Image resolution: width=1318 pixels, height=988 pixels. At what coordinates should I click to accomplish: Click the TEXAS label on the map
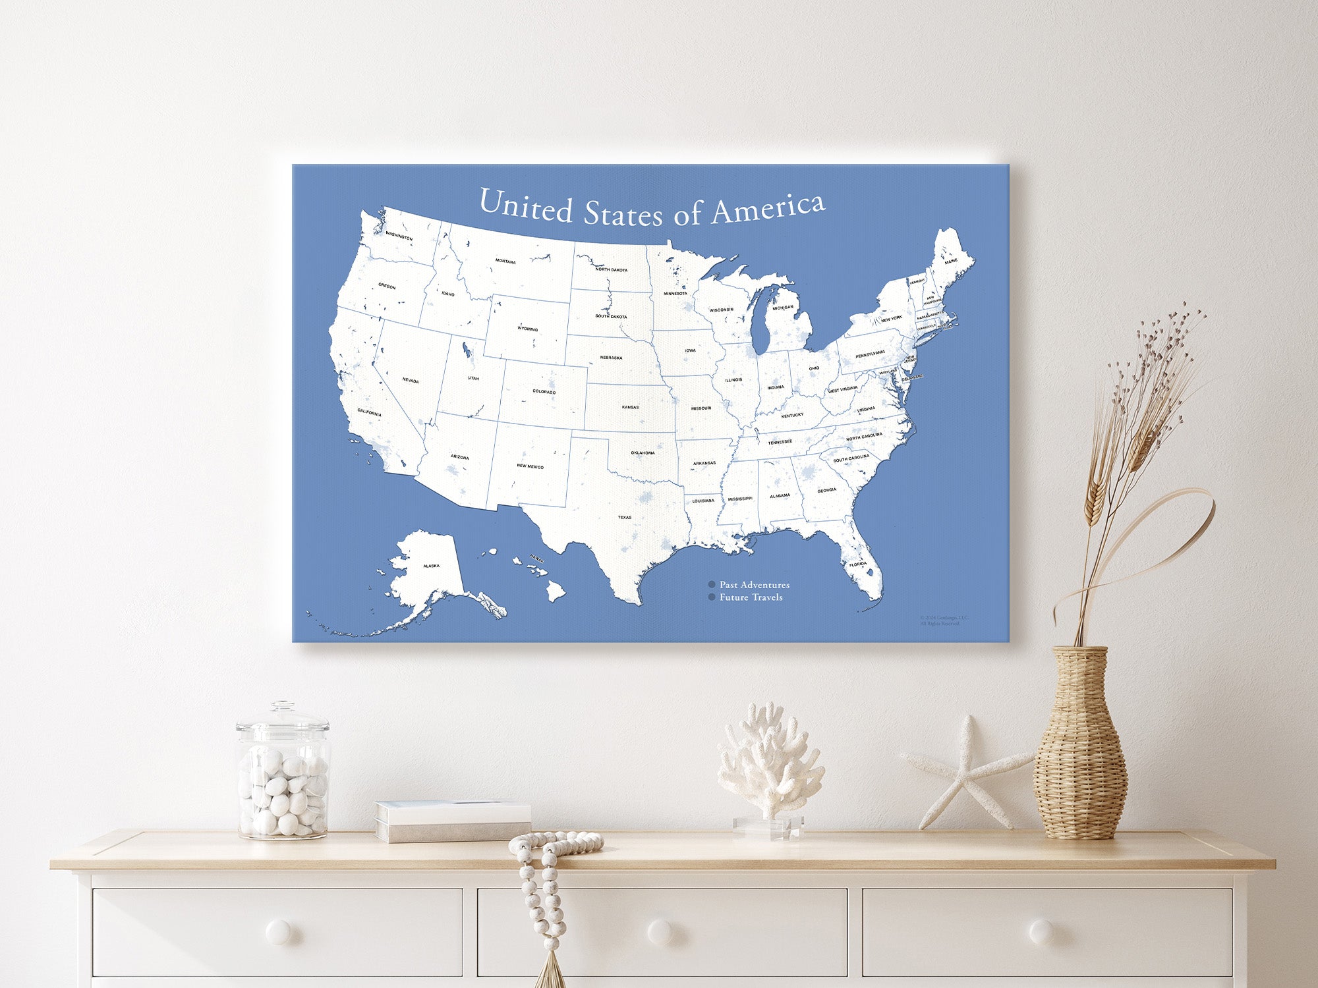tap(624, 517)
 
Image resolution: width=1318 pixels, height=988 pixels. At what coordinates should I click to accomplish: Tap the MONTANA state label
tap(505, 261)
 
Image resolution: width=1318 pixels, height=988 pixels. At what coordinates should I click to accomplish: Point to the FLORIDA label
tap(857, 564)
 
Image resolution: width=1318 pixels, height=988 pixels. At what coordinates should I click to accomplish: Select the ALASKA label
tap(431, 566)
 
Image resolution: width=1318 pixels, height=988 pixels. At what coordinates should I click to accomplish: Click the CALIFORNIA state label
tap(369, 412)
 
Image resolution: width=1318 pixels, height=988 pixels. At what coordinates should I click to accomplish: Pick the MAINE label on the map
tap(951, 261)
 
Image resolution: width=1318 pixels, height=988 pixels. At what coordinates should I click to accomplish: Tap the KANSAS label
tap(630, 407)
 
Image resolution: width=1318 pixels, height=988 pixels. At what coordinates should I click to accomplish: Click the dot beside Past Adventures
tap(712, 584)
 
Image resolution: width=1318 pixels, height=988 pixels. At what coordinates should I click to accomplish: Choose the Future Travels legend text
tap(751, 597)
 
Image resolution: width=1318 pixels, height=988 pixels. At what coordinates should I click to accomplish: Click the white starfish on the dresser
tap(966, 772)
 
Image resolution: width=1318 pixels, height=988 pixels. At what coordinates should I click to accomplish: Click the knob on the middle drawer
tap(660, 931)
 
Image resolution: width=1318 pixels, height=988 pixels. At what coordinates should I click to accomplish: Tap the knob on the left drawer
tap(277, 931)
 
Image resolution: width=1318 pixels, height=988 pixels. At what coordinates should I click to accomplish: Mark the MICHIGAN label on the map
tap(783, 308)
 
